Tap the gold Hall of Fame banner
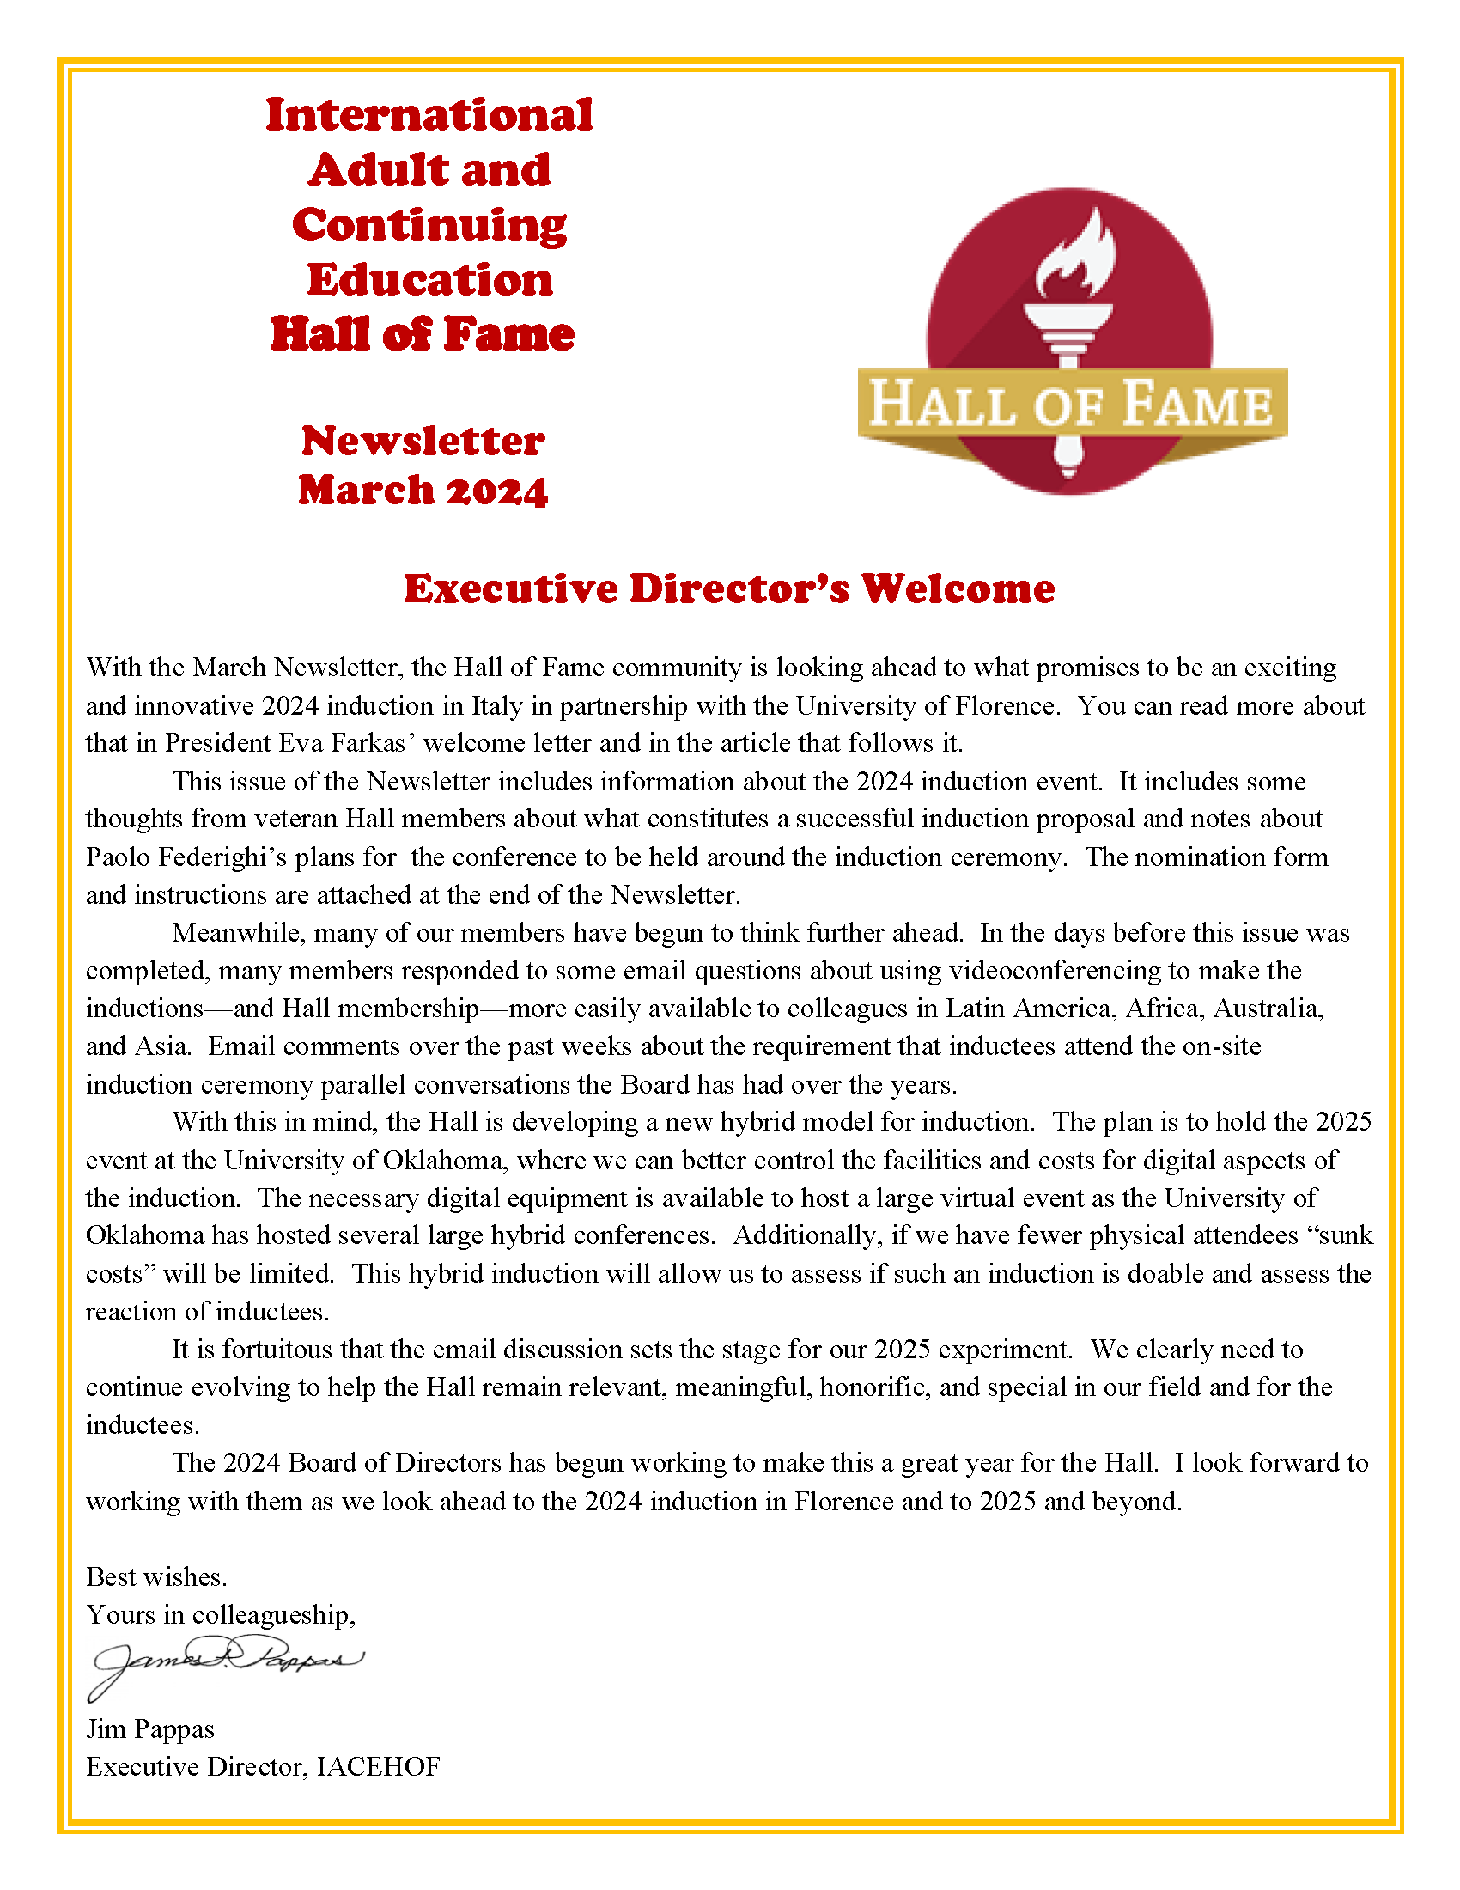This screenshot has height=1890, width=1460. click(1072, 403)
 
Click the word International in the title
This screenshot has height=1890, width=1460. click(429, 115)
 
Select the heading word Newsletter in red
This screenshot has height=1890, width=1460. click(423, 442)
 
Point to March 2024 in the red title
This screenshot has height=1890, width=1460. click(423, 491)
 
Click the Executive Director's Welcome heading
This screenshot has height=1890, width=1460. click(729, 588)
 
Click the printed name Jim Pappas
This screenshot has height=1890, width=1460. click(149, 1729)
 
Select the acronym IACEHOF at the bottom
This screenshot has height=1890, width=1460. click(378, 1766)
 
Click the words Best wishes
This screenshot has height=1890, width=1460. click(156, 1576)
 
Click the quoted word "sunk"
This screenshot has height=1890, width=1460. click(1339, 1235)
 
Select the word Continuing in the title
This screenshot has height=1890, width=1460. click(429, 225)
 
